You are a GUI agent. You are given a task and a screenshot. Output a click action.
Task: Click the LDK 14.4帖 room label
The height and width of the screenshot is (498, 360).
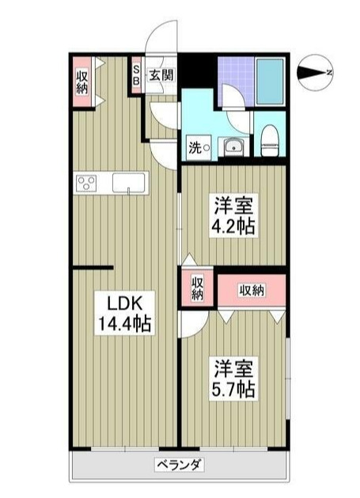coord(122,312)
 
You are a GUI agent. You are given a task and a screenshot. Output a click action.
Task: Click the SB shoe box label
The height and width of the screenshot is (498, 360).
coord(136,76)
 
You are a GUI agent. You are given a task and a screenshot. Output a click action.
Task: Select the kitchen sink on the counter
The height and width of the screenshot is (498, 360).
coord(126,183)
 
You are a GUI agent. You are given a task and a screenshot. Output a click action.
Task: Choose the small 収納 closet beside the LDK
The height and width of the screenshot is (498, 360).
coord(197,287)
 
